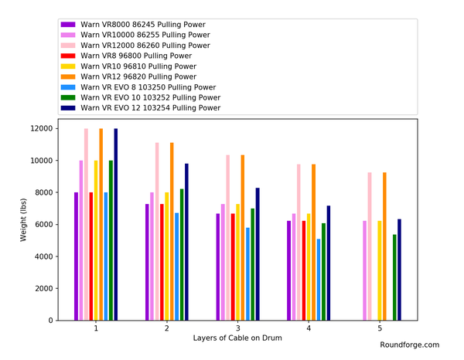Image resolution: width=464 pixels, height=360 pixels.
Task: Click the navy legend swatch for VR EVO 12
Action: [x=68, y=108]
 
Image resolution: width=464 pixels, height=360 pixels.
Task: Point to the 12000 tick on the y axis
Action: [x=40, y=129]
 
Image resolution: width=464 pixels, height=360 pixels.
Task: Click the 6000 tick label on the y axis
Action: [x=43, y=225]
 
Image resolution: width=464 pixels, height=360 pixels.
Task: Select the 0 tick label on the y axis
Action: [x=50, y=321]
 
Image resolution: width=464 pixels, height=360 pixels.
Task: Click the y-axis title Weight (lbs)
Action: [x=23, y=219]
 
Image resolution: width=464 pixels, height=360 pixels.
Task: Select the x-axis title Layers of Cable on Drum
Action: [x=238, y=338]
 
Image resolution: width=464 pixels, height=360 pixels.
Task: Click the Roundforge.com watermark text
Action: [x=409, y=345]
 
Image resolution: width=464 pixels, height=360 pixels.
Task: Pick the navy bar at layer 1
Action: [x=116, y=224]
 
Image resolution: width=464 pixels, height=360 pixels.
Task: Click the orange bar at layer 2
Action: [x=172, y=232]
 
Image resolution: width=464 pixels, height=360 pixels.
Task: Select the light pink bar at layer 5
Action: [x=370, y=246]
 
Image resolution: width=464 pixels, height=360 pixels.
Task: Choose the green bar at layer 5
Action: [x=394, y=277]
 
